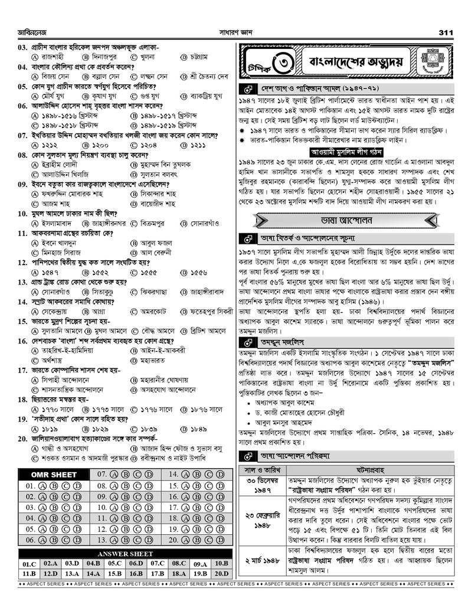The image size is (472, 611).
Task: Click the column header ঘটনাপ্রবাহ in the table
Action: (375, 470)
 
